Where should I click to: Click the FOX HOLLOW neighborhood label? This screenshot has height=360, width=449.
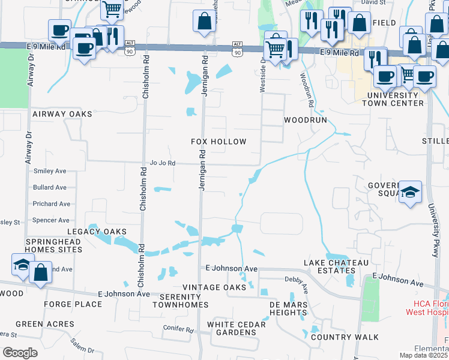point(218,142)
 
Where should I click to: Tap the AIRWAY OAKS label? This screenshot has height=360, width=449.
point(62,114)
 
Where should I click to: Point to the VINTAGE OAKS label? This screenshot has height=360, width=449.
point(214,288)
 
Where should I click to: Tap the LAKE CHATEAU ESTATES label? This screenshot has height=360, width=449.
point(330,267)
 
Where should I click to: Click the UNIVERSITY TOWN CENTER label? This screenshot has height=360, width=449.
point(396,99)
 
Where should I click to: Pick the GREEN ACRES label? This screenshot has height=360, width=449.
point(45,324)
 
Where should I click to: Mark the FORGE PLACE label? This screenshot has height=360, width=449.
point(68,304)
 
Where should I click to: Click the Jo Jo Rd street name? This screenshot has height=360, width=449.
point(162,163)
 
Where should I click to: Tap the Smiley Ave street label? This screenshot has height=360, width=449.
point(50,171)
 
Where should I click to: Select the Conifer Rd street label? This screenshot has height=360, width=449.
point(178,329)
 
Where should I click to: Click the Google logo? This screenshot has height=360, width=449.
point(20,352)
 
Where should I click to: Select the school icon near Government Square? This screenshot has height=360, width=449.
point(410,192)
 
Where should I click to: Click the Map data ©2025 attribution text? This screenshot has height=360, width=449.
point(423,355)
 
